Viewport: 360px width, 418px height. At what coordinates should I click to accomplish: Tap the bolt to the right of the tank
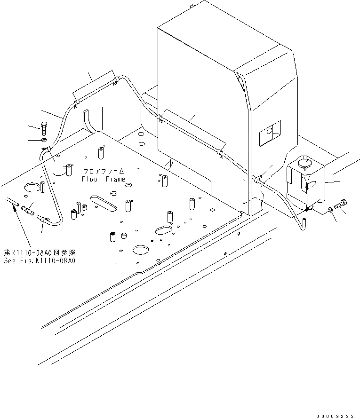pyautogui.click(x=341, y=205)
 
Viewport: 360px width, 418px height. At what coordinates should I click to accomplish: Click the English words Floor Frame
pyautogui.click(x=104, y=179)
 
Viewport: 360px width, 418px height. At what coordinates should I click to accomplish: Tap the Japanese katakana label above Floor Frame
pyautogui.click(x=104, y=172)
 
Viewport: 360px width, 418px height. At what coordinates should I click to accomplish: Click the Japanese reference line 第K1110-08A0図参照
pyautogui.click(x=41, y=252)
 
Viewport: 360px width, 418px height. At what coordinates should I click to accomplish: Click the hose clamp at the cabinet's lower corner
pyautogui.click(x=258, y=179)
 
